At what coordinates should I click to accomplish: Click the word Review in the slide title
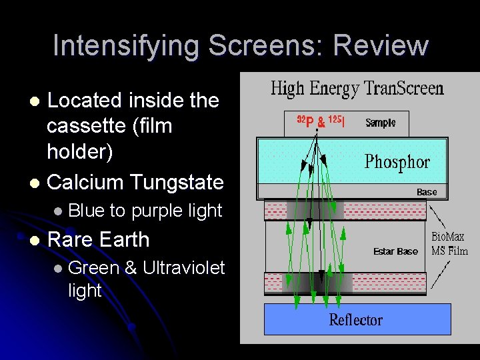click(382, 45)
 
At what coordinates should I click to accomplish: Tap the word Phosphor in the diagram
click(397, 162)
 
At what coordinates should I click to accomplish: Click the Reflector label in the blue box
click(356, 320)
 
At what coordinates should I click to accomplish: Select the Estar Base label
click(395, 251)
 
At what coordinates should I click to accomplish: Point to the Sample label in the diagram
click(380, 123)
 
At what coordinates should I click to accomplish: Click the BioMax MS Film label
click(449, 244)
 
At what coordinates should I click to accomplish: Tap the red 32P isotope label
click(305, 123)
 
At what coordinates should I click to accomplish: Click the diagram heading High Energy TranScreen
click(357, 89)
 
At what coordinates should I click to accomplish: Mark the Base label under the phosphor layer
click(427, 192)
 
